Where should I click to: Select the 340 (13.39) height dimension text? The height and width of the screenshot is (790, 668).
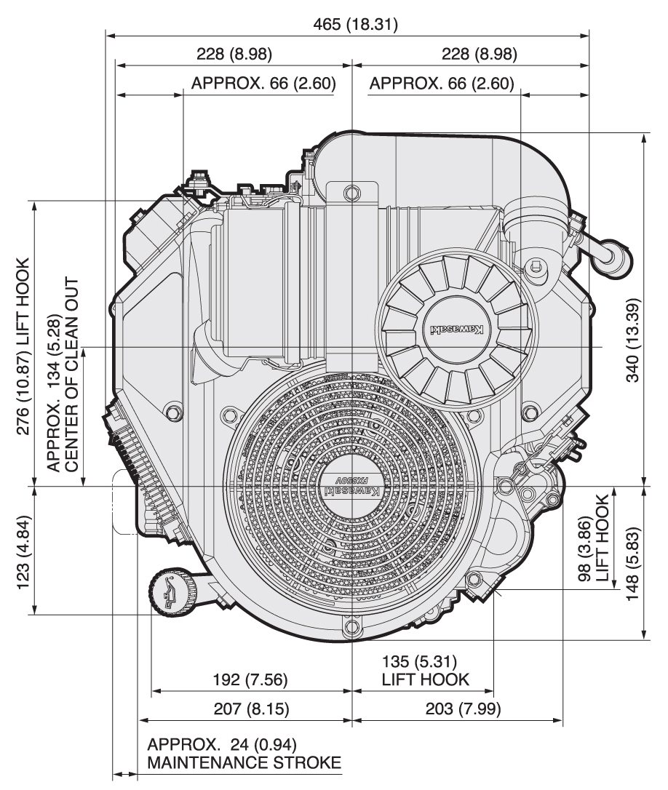click(x=633, y=340)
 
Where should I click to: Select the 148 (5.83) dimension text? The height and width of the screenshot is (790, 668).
click(x=633, y=560)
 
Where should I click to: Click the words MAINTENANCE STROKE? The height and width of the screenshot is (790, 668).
click(x=244, y=763)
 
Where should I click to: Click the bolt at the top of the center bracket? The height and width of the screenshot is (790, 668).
click(x=352, y=193)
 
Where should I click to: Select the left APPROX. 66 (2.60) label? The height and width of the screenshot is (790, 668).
click(x=263, y=84)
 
